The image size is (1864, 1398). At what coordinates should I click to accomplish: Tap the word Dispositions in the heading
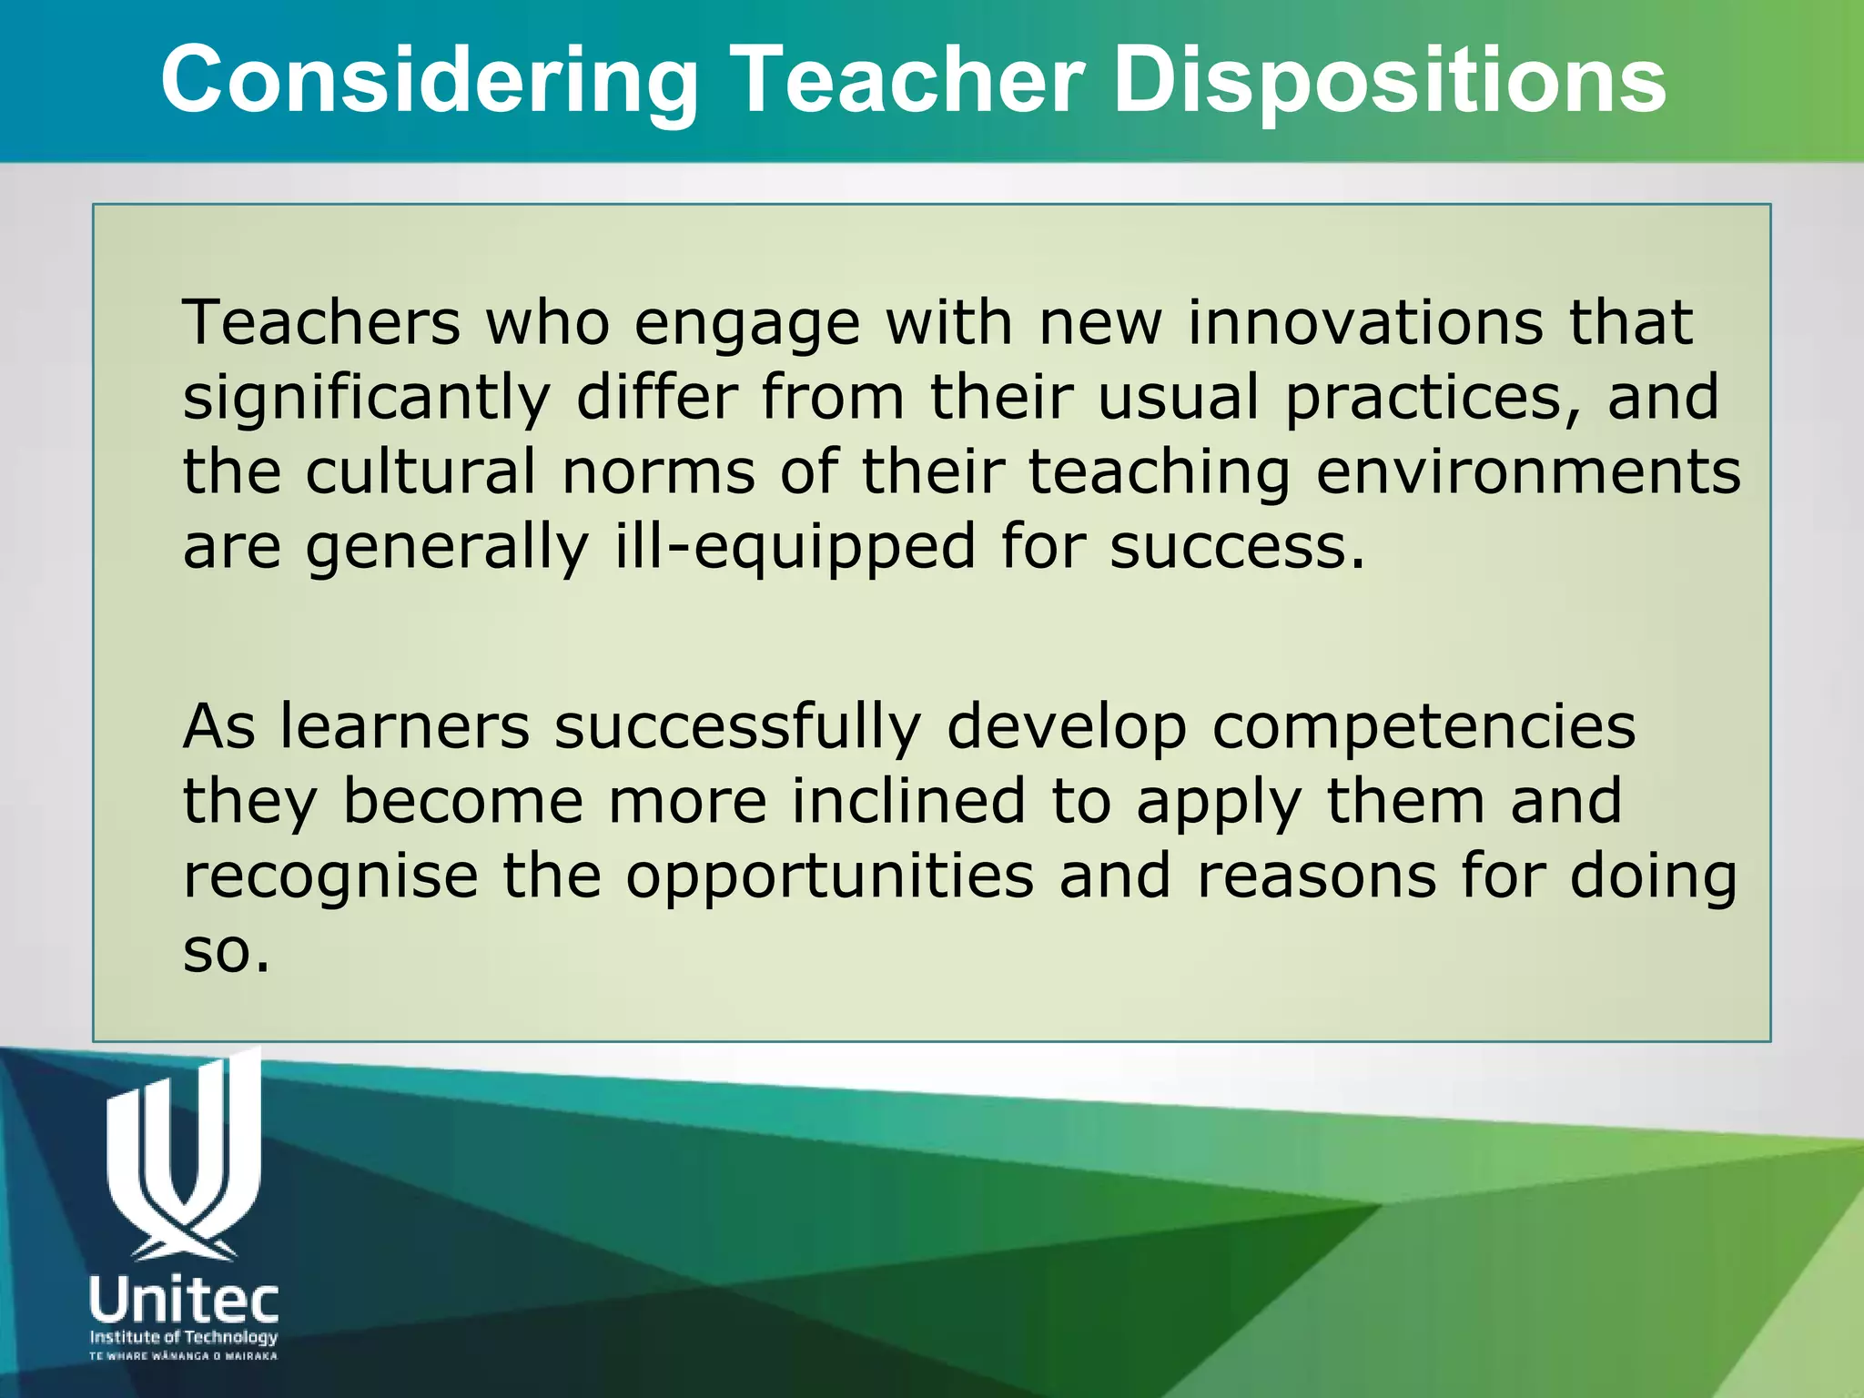pyautogui.click(x=1389, y=82)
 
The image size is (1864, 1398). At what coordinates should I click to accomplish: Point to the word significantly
pyautogui.click(x=367, y=399)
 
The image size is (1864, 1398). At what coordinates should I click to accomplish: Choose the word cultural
pyautogui.click(x=420, y=472)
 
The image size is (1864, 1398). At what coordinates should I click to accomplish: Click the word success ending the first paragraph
pyautogui.click(x=1236, y=547)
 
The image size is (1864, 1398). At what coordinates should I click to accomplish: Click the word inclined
pyautogui.click(x=908, y=801)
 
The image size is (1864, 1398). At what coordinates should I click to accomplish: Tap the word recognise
pyautogui.click(x=330, y=876)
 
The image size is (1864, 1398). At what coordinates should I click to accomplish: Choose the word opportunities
pyautogui.click(x=830, y=876)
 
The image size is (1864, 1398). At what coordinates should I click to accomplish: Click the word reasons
pyautogui.click(x=1316, y=876)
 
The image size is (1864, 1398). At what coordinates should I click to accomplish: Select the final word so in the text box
pyautogui.click(x=226, y=951)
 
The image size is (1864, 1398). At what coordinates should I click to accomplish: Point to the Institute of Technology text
pyautogui.click(x=184, y=1337)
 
